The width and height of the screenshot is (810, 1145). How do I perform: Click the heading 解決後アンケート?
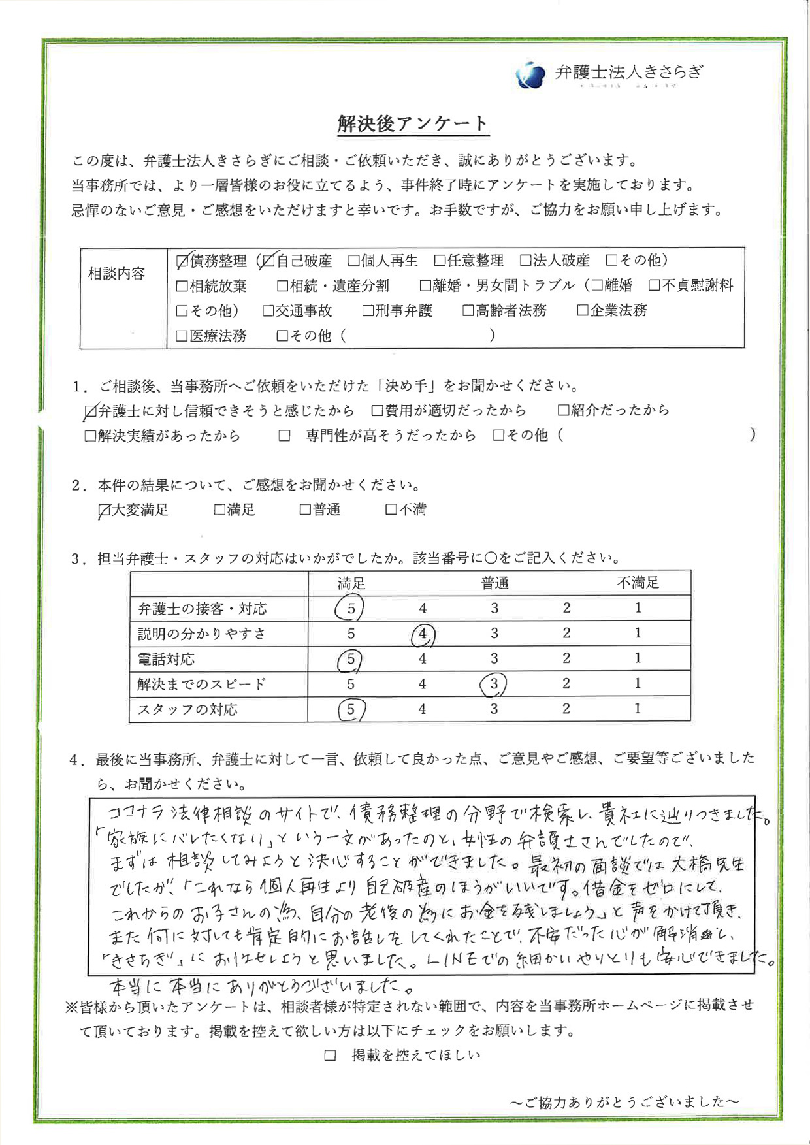click(412, 123)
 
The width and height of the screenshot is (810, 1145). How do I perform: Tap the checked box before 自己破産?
click(267, 261)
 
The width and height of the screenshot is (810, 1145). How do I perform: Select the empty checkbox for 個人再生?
click(353, 261)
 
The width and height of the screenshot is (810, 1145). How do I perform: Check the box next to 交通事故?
click(268, 311)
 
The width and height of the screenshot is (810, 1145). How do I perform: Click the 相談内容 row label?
click(117, 274)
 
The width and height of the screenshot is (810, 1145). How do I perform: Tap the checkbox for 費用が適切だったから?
click(377, 411)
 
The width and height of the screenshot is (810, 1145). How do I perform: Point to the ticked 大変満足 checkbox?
click(103, 510)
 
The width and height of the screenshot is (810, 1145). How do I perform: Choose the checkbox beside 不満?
click(391, 509)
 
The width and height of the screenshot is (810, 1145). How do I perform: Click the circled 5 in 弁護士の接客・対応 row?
click(350, 609)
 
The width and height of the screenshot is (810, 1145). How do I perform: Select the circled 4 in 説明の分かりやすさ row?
click(423, 634)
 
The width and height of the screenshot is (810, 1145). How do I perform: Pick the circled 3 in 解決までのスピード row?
click(494, 684)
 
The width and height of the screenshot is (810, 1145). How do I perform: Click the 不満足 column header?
click(638, 583)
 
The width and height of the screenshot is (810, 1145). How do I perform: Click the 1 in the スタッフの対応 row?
click(638, 709)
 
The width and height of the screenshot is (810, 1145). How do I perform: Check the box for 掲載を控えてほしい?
click(331, 1056)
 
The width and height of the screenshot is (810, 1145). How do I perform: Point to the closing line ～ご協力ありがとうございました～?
click(624, 1102)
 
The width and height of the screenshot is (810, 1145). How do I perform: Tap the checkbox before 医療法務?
click(182, 336)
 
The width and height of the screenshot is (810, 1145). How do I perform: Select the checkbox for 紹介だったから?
click(563, 411)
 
